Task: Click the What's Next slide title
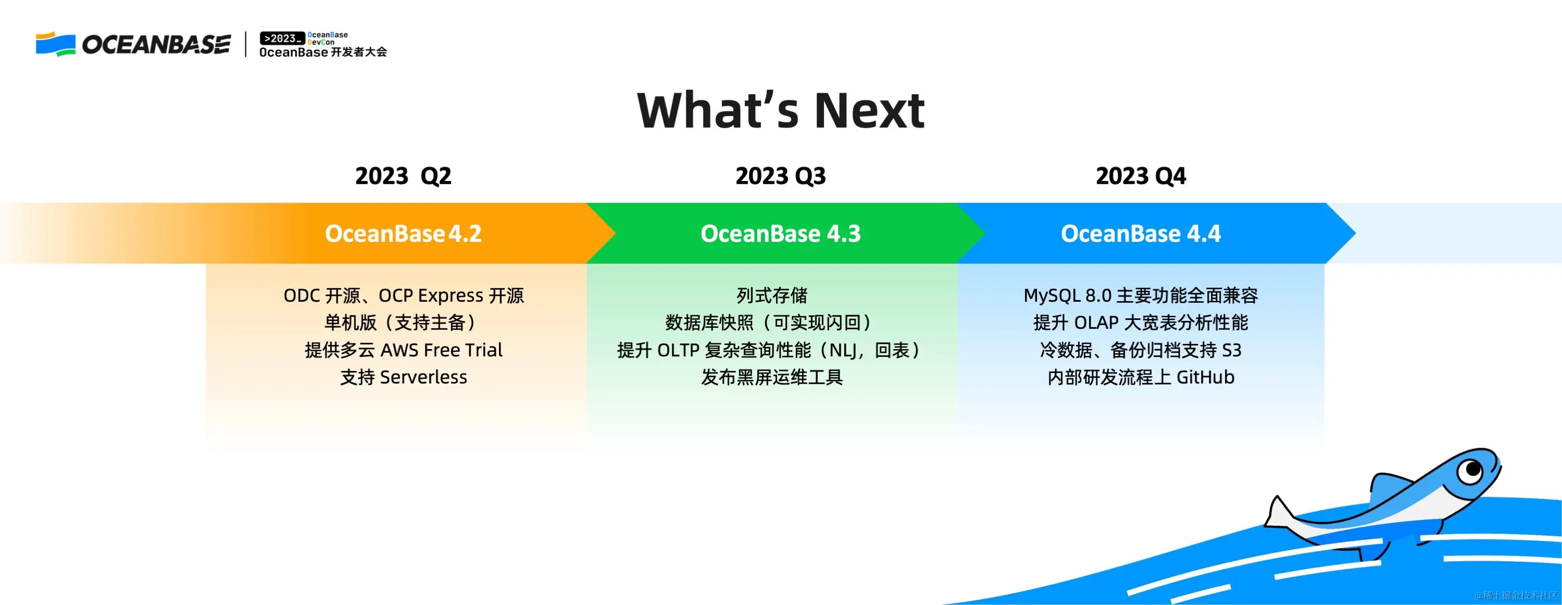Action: [781, 110]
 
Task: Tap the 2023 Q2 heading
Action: [403, 176]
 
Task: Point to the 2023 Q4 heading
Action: [1141, 176]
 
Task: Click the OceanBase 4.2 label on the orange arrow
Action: [403, 233]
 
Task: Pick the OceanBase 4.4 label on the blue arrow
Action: [1141, 233]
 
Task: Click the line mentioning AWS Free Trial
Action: [404, 350]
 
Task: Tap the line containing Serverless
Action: [404, 377]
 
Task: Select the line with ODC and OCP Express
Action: [404, 295]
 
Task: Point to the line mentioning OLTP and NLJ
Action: [771, 350]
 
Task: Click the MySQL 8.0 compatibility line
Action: [1141, 295]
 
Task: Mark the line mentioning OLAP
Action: [1141, 323]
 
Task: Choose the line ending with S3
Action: [1141, 350]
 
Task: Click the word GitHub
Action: [1205, 377]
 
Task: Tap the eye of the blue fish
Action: [1470, 470]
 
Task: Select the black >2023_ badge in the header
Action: [282, 38]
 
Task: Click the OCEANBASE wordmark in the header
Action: [156, 44]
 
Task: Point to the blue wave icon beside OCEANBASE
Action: [55, 44]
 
